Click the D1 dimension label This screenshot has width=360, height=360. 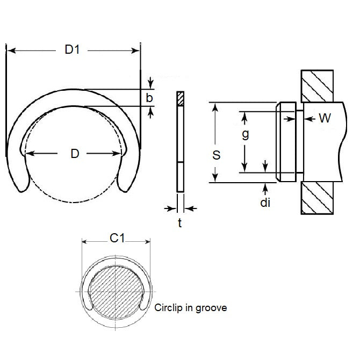pyautogui.click(x=72, y=51)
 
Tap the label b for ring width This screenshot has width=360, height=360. pyautogui.click(x=149, y=98)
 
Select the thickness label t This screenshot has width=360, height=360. pyautogui.click(x=179, y=222)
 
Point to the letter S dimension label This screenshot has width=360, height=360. pyautogui.click(x=216, y=155)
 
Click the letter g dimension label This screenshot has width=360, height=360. pyautogui.click(x=244, y=134)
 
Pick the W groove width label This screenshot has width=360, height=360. pyautogui.click(x=325, y=119)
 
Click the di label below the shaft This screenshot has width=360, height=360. pyautogui.click(x=265, y=203)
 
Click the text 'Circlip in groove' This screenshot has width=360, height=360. pyautogui.click(x=190, y=308)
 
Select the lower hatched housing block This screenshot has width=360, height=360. pyautogui.click(x=320, y=198)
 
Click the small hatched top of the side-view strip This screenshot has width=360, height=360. pyautogui.click(x=179, y=98)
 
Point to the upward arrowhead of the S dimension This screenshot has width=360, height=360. pyautogui.click(x=216, y=106)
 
